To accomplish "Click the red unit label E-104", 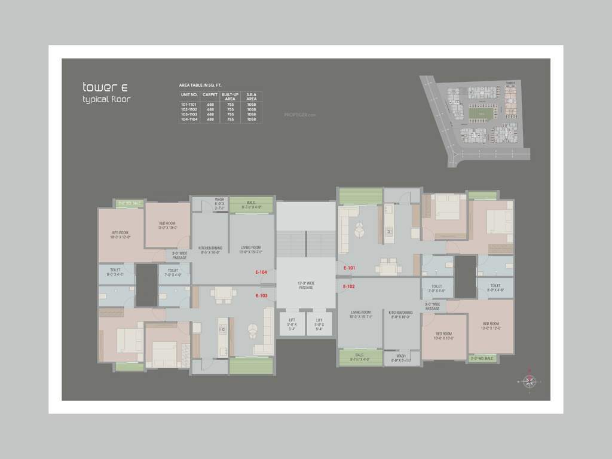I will pos(261,273).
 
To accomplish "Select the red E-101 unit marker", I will pos(350,268).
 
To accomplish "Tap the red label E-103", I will pos(262,295).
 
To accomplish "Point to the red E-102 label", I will pos(350,287).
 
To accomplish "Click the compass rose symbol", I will pos(528,381).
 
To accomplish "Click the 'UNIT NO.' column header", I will pos(189,94).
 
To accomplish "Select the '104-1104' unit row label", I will pos(189,119).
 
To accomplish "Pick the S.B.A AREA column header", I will pos(251,97).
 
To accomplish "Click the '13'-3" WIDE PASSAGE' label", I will pos(306,285).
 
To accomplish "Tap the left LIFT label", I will pos(292,323).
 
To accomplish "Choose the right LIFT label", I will pos(320,323).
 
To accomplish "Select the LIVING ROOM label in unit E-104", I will pos(251,249).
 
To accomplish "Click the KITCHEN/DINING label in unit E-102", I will pos(400,314).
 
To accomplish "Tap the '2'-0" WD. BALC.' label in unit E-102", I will pos(482,359).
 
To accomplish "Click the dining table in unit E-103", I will pos(224,293).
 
